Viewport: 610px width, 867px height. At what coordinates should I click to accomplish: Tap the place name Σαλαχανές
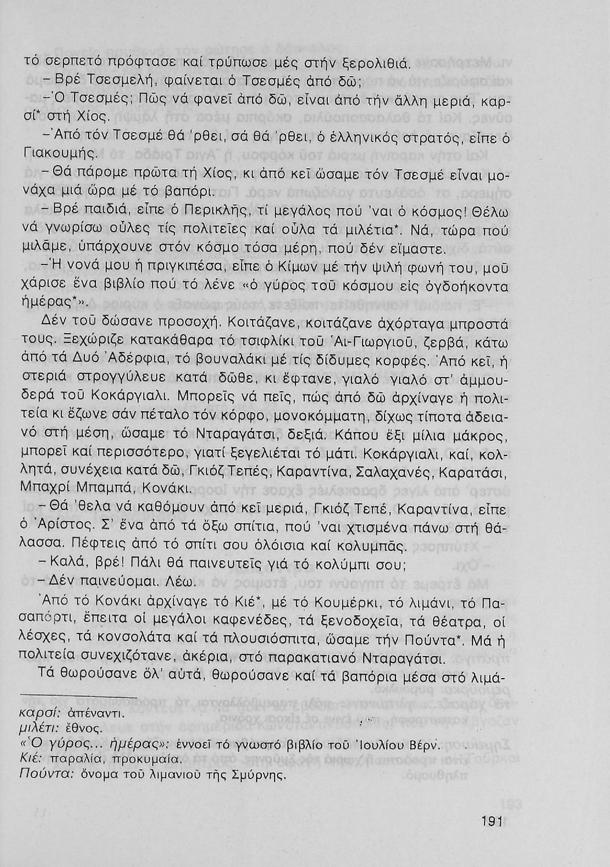pos(393,472)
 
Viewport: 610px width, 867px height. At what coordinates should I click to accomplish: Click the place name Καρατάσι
pos(473,472)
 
